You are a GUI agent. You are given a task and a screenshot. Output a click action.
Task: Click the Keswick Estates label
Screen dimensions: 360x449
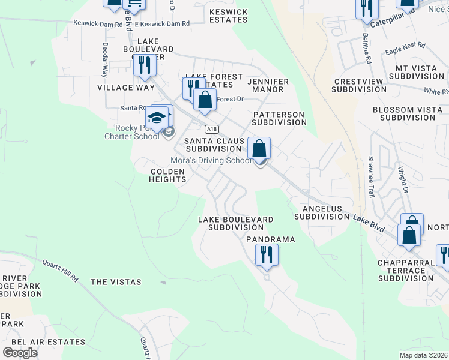[x=228, y=16]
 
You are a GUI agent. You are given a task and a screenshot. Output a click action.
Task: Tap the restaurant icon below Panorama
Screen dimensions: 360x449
[x=267, y=255]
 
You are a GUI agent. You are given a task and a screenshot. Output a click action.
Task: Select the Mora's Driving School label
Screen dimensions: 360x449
[x=211, y=161]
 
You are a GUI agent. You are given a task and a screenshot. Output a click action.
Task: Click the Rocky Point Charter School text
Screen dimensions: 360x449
[x=137, y=131]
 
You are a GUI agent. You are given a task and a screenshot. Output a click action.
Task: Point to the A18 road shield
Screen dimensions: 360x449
[x=210, y=129]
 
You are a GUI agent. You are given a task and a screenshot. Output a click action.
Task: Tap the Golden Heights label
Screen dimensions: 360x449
[x=168, y=175]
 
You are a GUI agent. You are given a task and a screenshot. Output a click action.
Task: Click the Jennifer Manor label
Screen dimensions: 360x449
[x=268, y=85]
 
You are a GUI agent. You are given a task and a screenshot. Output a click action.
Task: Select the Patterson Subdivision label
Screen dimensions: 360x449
[x=279, y=118]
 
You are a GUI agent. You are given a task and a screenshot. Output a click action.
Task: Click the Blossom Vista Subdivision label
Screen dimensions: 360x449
[x=411, y=114]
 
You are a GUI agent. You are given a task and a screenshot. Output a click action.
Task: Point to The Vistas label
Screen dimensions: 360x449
[x=116, y=282]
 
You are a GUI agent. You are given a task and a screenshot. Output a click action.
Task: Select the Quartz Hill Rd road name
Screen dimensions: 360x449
[x=60, y=270]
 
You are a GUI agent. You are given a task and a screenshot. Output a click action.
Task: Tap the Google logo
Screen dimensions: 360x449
[x=20, y=352]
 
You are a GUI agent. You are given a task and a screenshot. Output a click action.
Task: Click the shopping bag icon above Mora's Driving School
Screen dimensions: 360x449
[x=259, y=149]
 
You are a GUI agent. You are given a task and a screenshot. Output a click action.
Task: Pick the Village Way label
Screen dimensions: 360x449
[x=125, y=88]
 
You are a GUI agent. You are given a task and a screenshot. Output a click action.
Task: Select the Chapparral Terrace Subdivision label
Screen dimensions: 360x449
[x=406, y=271]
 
